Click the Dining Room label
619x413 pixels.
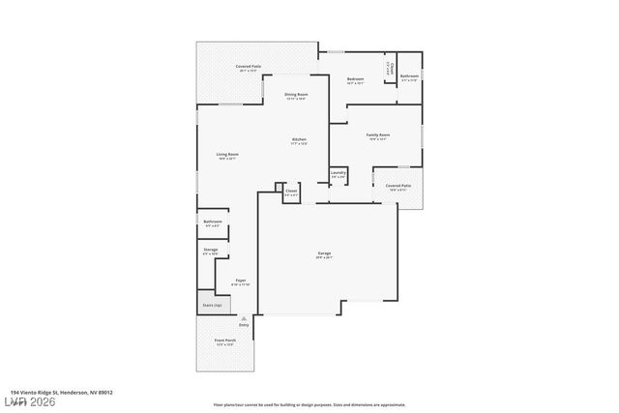point(295,94)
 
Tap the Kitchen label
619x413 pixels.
point(299,139)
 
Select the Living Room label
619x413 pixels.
point(227,155)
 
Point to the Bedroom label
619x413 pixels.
point(355,78)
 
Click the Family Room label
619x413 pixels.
point(377,134)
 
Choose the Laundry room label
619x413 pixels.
point(338,173)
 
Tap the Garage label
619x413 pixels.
point(324,253)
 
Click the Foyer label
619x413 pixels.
point(240,280)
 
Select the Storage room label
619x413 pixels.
point(211,250)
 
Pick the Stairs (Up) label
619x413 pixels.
point(212,305)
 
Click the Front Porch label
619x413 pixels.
point(225,341)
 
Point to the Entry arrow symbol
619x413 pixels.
point(244,318)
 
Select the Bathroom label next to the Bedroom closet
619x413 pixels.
point(409,75)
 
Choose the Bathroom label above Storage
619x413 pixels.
point(213,222)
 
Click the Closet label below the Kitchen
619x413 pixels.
point(291,192)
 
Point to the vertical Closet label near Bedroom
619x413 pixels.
point(388,67)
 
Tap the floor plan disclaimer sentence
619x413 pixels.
point(309,404)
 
